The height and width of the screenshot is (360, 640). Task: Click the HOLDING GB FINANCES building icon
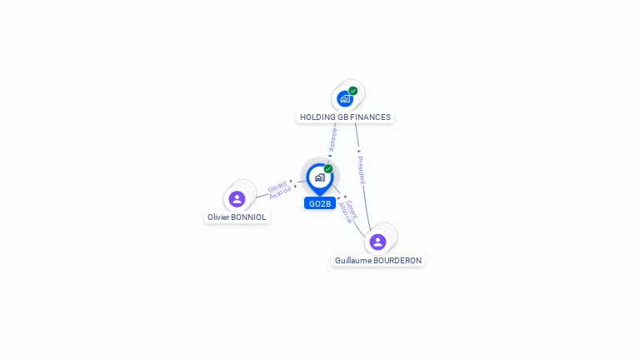(344, 99)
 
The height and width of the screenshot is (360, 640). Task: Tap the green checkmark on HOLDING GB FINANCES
(353, 91)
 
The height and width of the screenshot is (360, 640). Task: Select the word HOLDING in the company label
(317, 117)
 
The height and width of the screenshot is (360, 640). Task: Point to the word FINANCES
(371, 117)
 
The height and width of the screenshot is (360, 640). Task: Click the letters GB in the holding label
(343, 117)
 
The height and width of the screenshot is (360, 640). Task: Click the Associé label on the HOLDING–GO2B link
(333, 139)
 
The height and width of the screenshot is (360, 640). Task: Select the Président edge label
(361, 170)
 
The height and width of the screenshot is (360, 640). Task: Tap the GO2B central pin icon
(319, 177)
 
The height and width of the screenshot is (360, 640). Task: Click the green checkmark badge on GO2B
(328, 169)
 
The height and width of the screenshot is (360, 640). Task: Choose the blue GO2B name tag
(320, 203)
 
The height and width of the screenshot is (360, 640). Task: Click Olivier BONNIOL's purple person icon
(237, 199)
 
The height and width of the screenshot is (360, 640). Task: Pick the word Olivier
(219, 217)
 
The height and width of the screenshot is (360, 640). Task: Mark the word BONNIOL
(249, 217)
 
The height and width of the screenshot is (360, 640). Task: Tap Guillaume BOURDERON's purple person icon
(377, 242)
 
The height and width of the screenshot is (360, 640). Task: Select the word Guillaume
(353, 261)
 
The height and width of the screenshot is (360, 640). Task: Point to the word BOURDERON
(397, 261)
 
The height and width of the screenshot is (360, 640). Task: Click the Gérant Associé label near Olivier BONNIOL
(280, 189)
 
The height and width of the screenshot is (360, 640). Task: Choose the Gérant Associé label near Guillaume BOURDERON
(349, 212)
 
